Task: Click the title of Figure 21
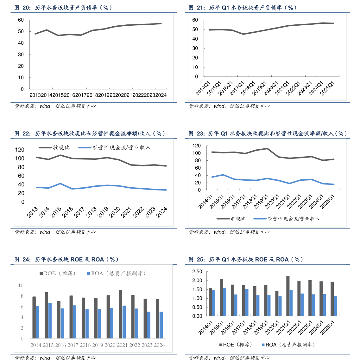(x=243, y=8)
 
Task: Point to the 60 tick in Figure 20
(x=21, y=20)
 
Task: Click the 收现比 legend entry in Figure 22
(x=54, y=147)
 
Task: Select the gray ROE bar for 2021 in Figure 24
(x=121, y=314)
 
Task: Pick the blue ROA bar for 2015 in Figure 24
(x=50, y=320)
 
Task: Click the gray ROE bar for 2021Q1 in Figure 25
(x=288, y=296)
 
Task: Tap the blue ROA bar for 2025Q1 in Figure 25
(x=335, y=306)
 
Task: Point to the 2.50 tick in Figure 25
(x=197, y=272)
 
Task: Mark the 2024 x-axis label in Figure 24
(x=159, y=345)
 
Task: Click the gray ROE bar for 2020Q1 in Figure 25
(x=277, y=304)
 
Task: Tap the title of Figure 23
(x=268, y=134)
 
